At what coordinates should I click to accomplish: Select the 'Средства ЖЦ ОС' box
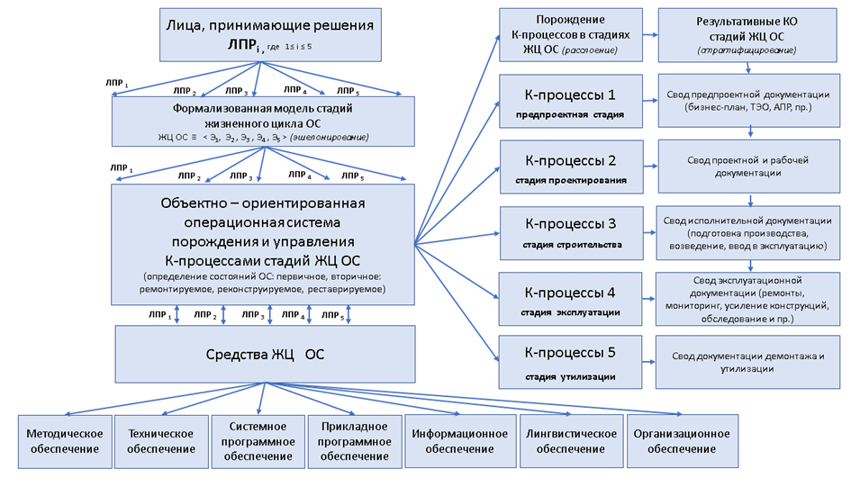[x=265, y=354]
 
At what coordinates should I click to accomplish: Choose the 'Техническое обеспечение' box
[x=161, y=440]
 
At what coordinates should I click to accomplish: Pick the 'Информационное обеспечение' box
[x=459, y=440]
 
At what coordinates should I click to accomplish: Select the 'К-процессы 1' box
[x=569, y=102]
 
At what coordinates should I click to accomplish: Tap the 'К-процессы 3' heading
[x=569, y=223]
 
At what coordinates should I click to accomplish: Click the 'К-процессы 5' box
[x=569, y=360]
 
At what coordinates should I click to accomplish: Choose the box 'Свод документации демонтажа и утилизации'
[x=749, y=361]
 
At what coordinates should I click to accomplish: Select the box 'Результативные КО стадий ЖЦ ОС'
[x=749, y=34]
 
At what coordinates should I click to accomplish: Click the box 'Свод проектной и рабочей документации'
[x=749, y=166]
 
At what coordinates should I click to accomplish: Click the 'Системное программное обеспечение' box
[x=258, y=440]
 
